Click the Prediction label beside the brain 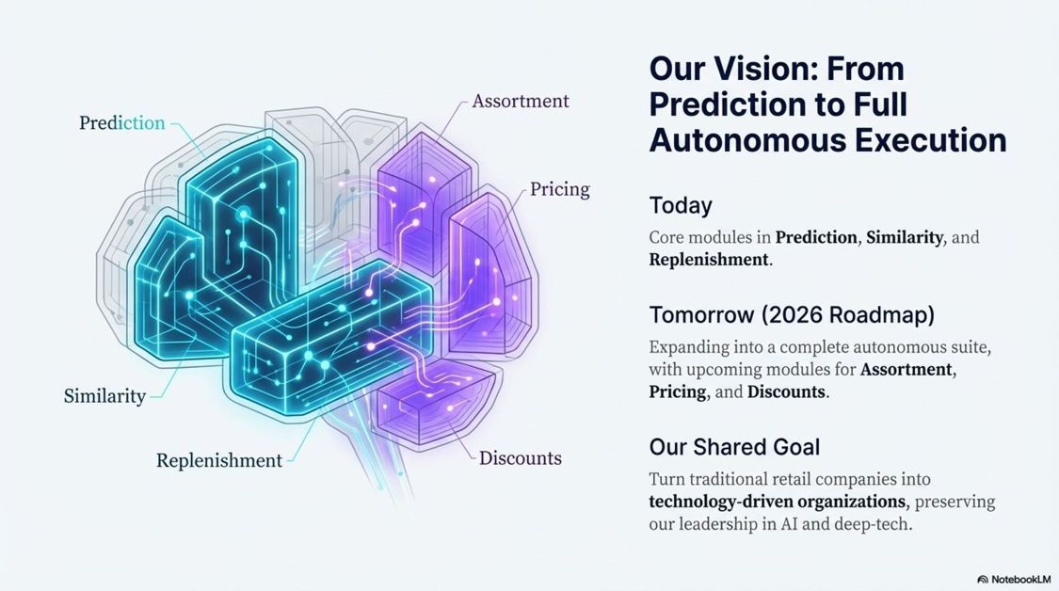(x=121, y=123)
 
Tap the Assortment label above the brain (x=520, y=101)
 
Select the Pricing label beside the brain (x=559, y=189)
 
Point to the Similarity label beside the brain (x=104, y=396)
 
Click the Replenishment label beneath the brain (x=218, y=460)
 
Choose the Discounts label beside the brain (x=520, y=458)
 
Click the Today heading (x=680, y=205)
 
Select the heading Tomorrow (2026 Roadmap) (x=791, y=314)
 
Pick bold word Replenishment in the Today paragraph (x=708, y=260)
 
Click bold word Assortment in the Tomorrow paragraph (x=907, y=369)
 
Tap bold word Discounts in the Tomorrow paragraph (x=787, y=391)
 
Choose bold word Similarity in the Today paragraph (x=904, y=237)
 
